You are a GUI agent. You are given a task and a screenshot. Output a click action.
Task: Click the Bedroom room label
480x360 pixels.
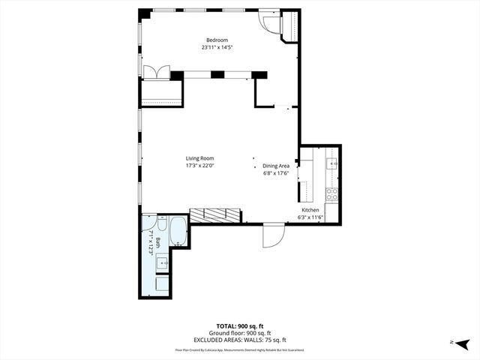coord(217,40)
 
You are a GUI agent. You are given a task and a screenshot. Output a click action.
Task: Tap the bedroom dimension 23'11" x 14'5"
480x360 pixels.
coord(217,47)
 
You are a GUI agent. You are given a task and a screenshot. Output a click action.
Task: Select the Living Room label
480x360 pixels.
coord(200,158)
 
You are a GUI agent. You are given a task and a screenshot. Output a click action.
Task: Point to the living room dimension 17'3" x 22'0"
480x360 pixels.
coord(200,166)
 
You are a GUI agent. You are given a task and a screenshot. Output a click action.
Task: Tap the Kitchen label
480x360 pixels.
coord(310,210)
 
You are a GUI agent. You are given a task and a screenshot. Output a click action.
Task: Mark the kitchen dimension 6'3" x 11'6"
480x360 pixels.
coord(310,217)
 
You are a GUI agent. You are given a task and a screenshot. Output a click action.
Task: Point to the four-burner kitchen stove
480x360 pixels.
coord(332,193)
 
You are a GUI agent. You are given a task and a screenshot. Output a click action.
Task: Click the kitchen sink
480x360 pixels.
coord(333,163)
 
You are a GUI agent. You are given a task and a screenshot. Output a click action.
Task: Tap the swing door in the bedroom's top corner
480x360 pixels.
coord(269,20)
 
